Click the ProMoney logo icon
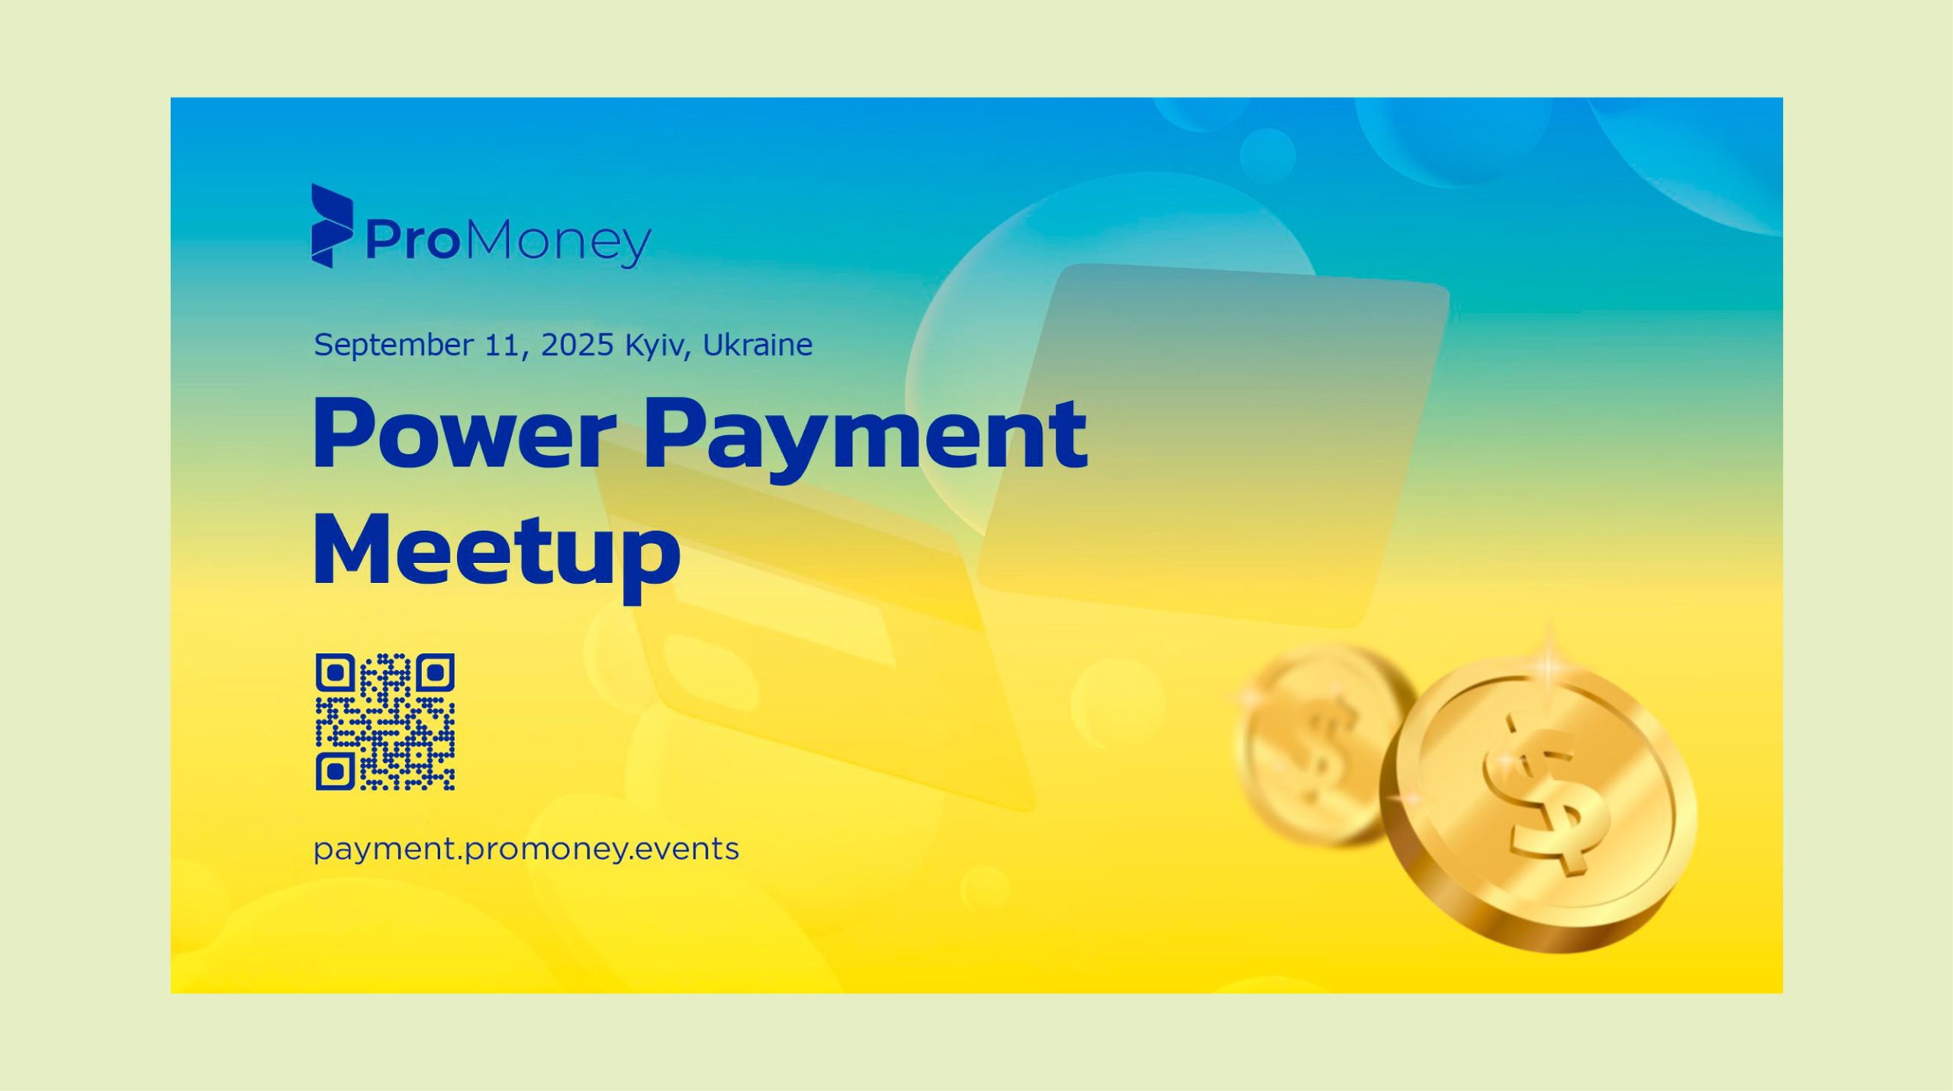[x=332, y=226]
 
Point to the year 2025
[x=577, y=345]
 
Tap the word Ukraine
[x=757, y=345]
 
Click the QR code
[x=385, y=722]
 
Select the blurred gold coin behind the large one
[x=1324, y=744]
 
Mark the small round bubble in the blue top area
[x=1267, y=156]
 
